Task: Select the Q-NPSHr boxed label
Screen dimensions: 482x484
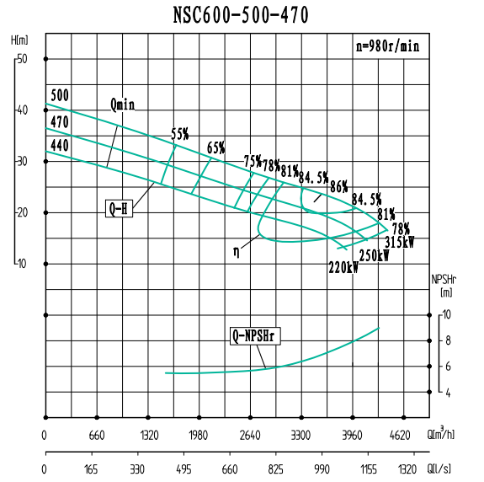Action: [255, 337]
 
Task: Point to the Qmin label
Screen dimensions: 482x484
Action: [123, 105]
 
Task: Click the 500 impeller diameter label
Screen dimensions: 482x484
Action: [59, 94]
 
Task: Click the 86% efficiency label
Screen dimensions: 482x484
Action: [339, 185]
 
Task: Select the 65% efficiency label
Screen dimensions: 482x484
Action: [216, 148]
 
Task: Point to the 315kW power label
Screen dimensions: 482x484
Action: [399, 242]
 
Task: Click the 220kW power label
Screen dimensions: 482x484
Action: [343, 269]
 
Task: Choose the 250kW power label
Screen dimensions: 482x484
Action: [374, 256]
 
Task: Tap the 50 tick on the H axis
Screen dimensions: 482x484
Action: [23, 59]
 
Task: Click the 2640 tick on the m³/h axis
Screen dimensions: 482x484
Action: [250, 436]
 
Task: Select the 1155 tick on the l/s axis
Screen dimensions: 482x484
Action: [368, 469]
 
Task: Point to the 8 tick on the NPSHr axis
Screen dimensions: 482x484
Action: [447, 340]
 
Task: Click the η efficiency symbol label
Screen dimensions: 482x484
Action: [238, 250]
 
